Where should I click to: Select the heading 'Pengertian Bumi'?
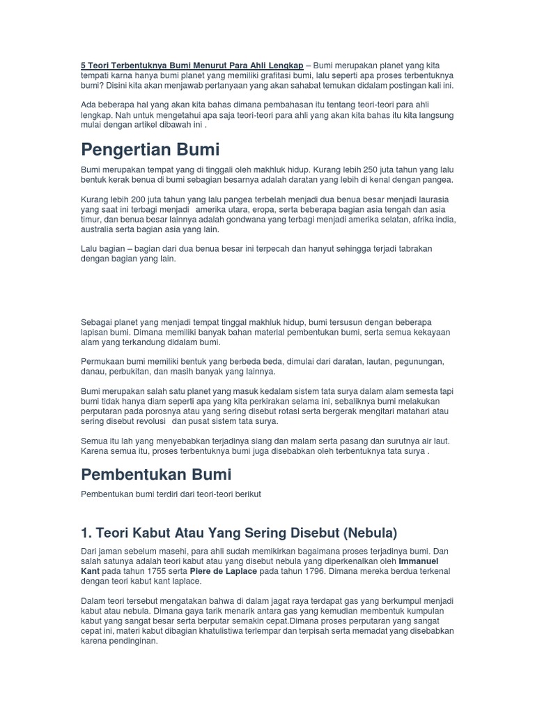pos(150,149)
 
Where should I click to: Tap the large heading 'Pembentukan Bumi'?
pos(156,474)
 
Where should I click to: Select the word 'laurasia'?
pos(433,199)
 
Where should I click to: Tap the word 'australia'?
pos(99,229)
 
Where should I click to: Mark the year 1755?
pos(160,571)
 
